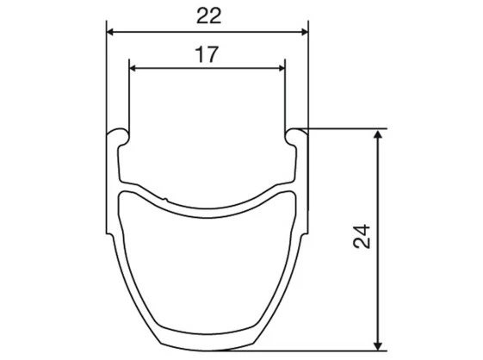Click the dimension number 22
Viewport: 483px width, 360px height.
[x=209, y=16]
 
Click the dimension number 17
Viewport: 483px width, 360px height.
[x=207, y=54]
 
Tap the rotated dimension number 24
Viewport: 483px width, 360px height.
[x=362, y=236]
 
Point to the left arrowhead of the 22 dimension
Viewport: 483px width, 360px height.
[x=110, y=32]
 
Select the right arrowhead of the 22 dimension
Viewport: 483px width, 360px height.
[x=304, y=32]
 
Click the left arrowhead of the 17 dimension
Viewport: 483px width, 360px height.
[x=133, y=68]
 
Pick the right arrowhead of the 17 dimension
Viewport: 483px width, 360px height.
[x=281, y=68]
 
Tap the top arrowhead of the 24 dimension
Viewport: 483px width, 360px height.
[x=379, y=133]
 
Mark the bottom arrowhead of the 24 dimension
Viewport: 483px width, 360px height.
[x=379, y=346]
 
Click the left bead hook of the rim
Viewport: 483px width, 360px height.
[x=119, y=136]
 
